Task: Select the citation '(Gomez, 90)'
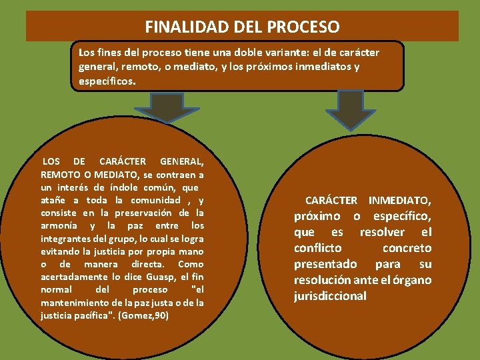pyautogui.click(x=143, y=315)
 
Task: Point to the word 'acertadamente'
pyautogui.click(x=71, y=277)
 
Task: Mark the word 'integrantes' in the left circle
pyautogui.click(x=65, y=238)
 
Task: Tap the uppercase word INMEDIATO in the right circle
pyautogui.click(x=399, y=200)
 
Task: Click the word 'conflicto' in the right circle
pyautogui.click(x=317, y=248)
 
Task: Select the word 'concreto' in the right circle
pyautogui.click(x=407, y=248)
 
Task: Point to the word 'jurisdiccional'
pyautogui.click(x=330, y=296)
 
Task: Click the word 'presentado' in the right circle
pyautogui.click(x=325, y=264)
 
